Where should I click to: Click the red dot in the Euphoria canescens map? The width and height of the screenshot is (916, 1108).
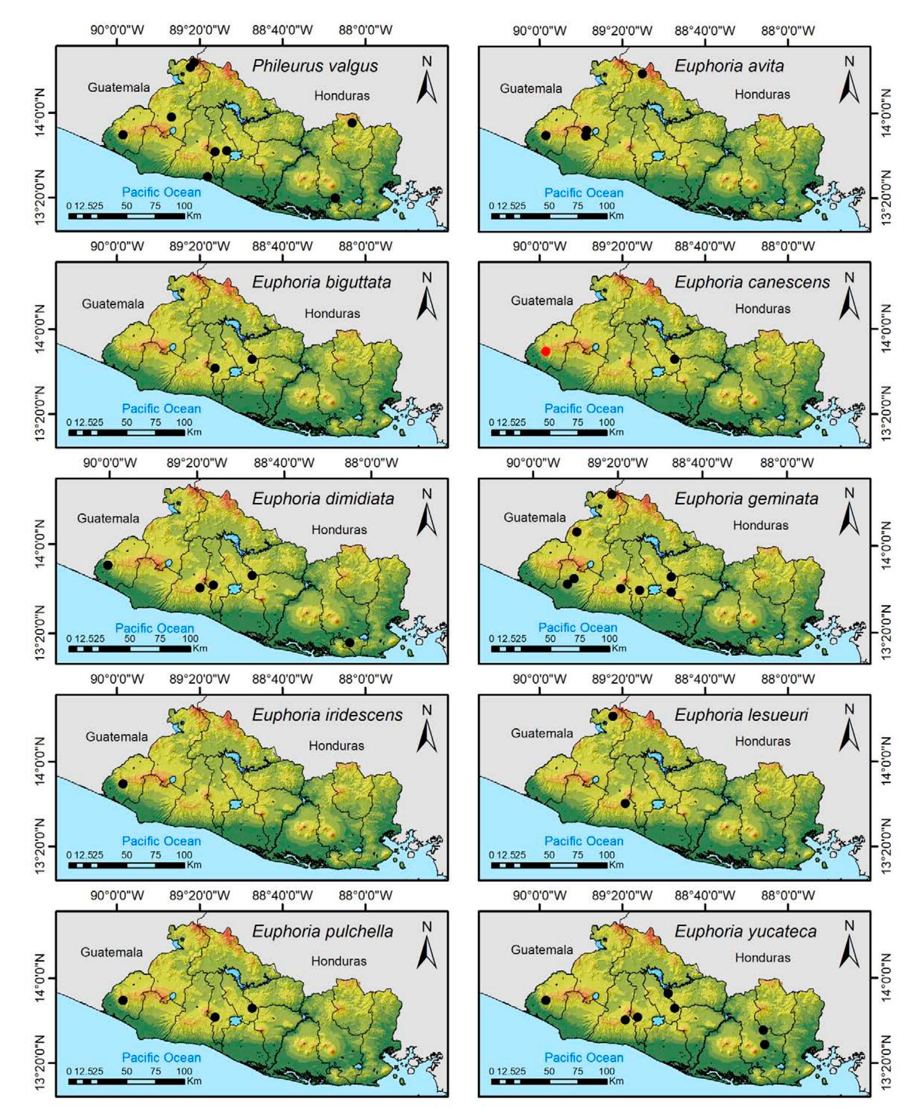click(x=546, y=351)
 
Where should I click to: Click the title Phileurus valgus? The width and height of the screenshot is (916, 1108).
click(x=314, y=66)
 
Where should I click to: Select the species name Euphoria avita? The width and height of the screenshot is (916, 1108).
click(x=729, y=66)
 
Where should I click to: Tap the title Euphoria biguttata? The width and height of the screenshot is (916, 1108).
click(x=321, y=282)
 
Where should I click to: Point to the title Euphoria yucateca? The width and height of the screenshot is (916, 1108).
click(x=745, y=932)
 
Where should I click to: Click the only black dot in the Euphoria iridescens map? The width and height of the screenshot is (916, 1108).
click(x=123, y=784)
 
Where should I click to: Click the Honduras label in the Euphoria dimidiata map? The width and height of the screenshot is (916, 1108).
click(x=339, y=529)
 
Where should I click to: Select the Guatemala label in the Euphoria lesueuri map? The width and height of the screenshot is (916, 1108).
click(x=541, y=733)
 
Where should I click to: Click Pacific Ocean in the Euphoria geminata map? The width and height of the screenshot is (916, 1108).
click(x=577, y=628)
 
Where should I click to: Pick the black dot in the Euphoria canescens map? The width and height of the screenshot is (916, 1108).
click(x=674, y=359)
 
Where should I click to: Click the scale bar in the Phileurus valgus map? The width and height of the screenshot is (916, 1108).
click(x=127, y=215)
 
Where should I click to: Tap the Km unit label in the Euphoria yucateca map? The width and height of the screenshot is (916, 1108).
click(x=616, y=1081)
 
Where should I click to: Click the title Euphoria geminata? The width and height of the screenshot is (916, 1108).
click(x=746, y=498)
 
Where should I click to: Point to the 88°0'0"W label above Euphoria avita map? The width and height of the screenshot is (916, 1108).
click(x=788, y=31)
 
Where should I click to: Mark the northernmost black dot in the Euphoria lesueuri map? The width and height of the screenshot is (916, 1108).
click(x=612, y=716)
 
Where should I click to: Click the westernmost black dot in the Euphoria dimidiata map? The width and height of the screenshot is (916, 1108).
click(x=108, y=565)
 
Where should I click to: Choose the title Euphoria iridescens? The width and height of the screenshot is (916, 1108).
click(x=327, y=715)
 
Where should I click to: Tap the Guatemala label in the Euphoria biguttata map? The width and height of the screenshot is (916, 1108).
click(x=112, y=304)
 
